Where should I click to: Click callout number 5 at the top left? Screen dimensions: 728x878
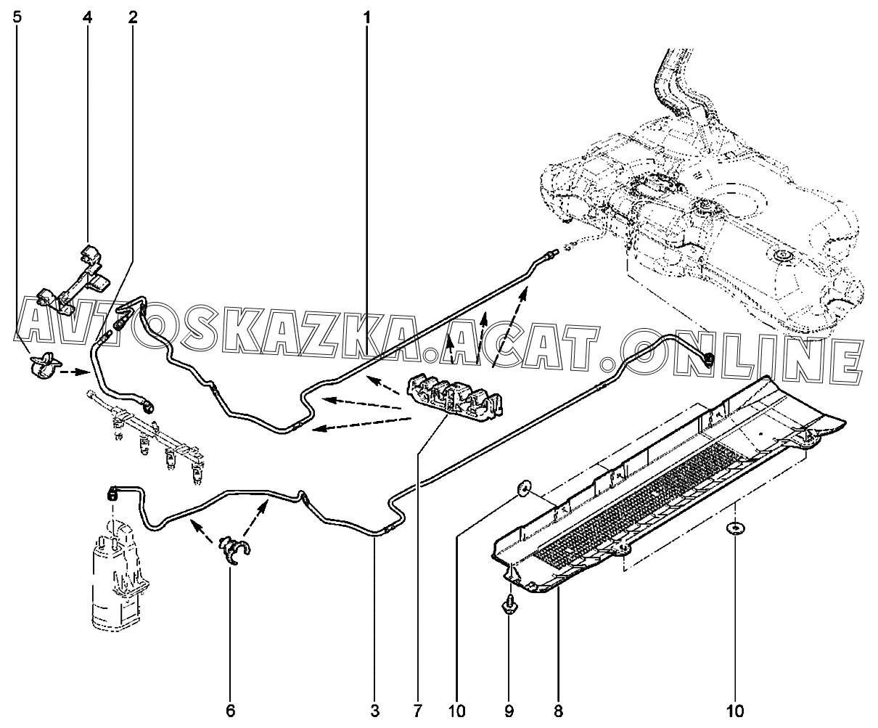(17, 17)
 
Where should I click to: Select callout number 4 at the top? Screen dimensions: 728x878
(88, 17)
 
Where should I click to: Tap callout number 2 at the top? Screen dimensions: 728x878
(132, 17)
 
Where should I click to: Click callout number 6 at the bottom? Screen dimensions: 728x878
(231, 709)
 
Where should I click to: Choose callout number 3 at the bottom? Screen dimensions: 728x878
(375, 709)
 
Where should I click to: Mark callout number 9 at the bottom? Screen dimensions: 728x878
(509, 709)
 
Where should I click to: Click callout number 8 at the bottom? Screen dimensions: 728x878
(558, 709)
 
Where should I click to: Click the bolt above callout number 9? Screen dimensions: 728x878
(509, 605)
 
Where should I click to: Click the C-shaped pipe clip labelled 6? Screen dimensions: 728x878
(234, 550)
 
